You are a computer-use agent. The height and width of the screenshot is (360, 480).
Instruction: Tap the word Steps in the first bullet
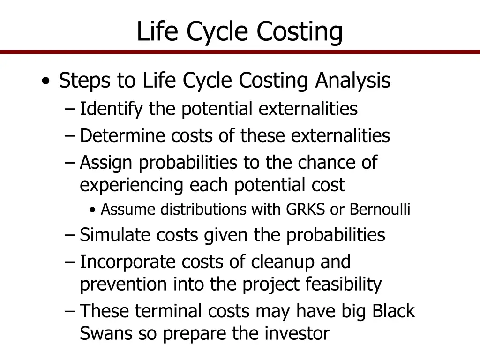pyautogui.click(x=85, y=81)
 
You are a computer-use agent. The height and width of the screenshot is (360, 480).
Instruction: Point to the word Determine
pyautogui.click(x=123, y=136)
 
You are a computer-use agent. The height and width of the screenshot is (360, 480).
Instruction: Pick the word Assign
pyautogui.click(x=106, y=163)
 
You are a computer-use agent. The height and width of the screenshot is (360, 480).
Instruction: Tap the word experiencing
pyautogui.click(x=132, y=185)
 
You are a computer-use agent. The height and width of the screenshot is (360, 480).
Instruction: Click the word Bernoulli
pyautogui.click(x=380, y=210)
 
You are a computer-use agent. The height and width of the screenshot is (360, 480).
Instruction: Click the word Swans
pyautogui.click(x=106, y=334)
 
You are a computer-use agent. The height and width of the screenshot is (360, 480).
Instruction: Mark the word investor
pyautogui.click(x=297, y=334)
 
